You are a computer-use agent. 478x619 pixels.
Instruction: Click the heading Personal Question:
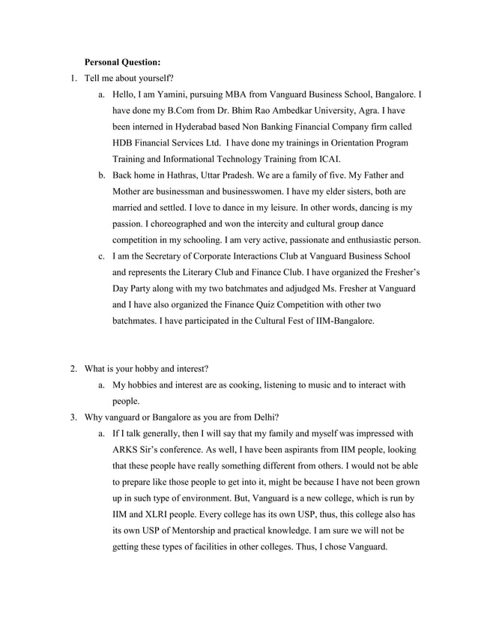pos(122,61)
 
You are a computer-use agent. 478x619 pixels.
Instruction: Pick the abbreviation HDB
pos(124,142)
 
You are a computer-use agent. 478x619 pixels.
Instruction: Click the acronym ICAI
pos(326,158)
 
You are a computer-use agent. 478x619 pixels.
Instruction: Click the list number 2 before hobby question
pos(73,369)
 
